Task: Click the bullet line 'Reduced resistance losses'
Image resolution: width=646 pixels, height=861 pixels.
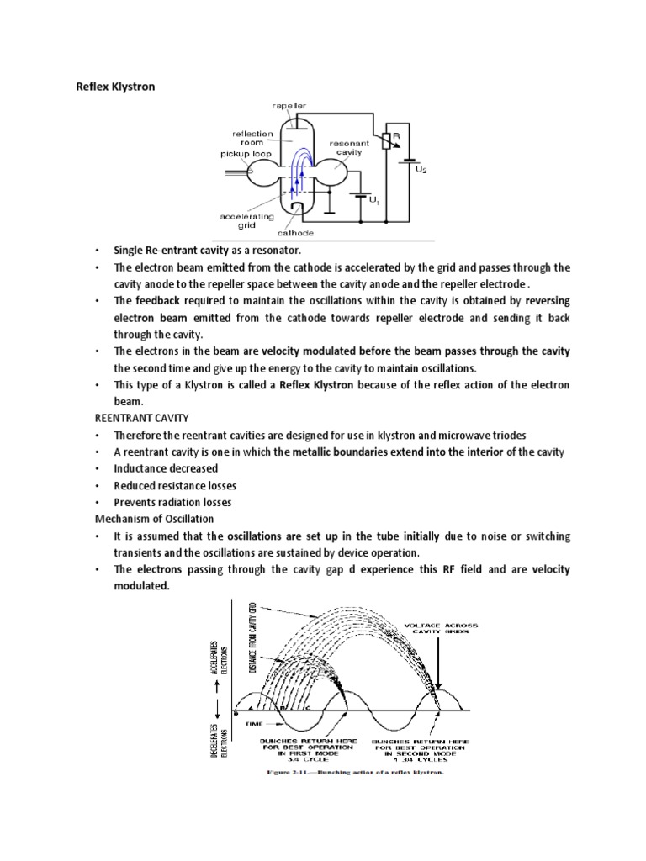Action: tap(176, 486)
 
